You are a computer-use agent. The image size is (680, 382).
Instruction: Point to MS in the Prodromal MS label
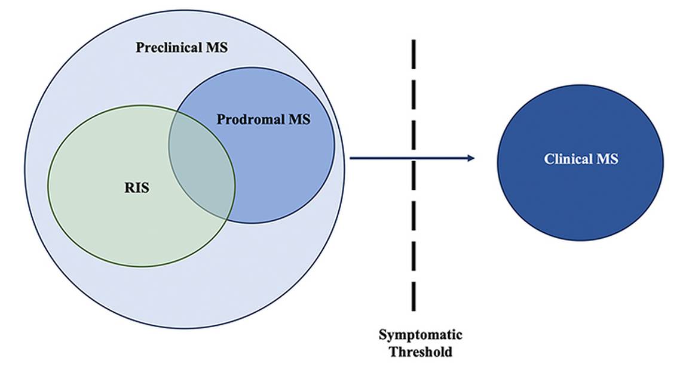(300, 119)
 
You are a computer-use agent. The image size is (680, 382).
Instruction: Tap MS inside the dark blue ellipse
(608, 159)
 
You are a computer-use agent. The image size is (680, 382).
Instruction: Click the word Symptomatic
(421, 335)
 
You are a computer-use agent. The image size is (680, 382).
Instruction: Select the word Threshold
(421, 352)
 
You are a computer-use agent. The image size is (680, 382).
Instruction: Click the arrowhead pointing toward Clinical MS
(471, 158)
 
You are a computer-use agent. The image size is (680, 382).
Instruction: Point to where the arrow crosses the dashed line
(413, 158)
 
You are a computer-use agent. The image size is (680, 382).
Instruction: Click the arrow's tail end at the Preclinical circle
(351, 158)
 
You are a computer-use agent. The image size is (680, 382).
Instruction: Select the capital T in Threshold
(394, 352)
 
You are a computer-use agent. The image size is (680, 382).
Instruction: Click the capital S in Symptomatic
(382, 335)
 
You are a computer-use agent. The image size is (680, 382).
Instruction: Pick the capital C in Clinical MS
(548, 159)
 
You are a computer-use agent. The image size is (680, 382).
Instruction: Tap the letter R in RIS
(128, 189)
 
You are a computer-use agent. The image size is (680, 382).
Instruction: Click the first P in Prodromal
(220, 119)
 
